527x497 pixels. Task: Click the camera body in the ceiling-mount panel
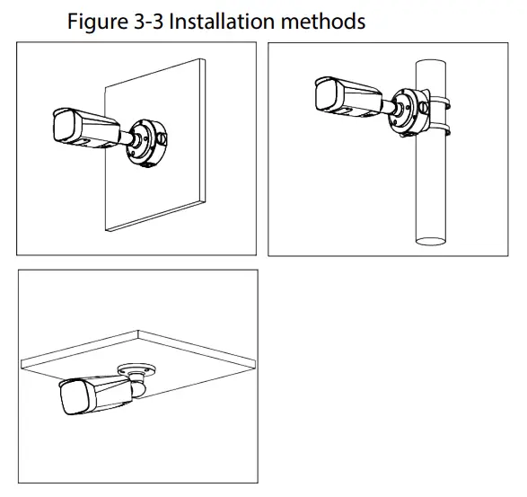99,394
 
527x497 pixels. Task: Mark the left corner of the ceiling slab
25,362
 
